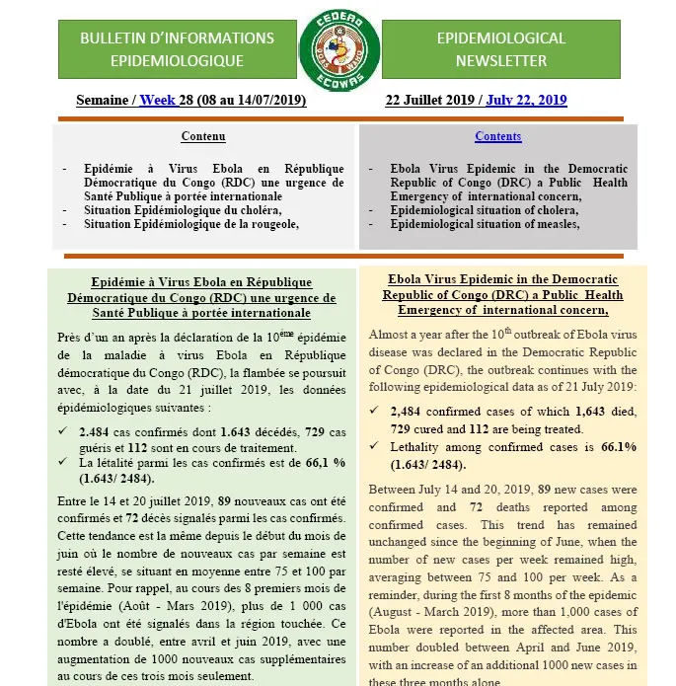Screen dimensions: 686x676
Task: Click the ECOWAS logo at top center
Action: [x=338, y=49]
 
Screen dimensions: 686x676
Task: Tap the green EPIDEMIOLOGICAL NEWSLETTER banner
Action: [x=500, y=49]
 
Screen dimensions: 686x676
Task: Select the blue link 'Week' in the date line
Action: [x=157, y=101]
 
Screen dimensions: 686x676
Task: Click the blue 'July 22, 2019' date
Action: [x=526, y=101]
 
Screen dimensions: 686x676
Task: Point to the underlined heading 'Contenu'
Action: [x=203, y=136]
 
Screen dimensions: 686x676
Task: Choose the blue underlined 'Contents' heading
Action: [x=497, y=136]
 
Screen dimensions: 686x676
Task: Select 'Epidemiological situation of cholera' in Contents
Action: [x=484, y=210]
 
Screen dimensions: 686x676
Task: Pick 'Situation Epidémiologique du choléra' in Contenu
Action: [x=183, y=209]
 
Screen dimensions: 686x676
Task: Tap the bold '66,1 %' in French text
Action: [x=321, y=462]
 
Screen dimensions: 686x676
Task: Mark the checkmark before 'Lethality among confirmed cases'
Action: [x=373, y=447]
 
